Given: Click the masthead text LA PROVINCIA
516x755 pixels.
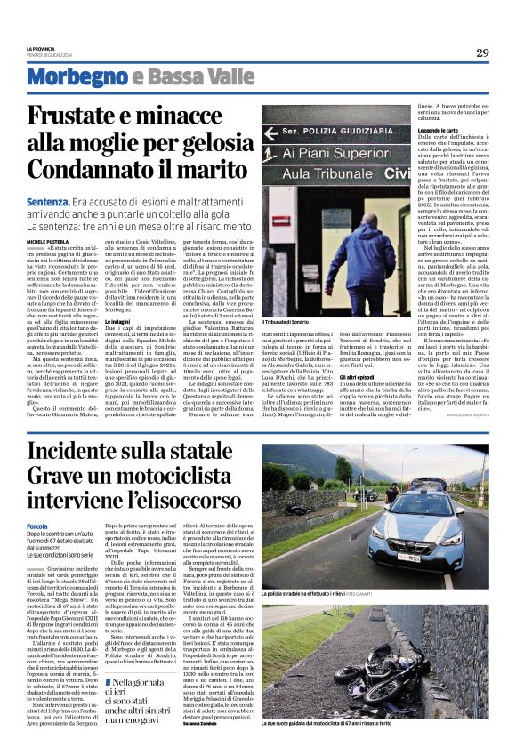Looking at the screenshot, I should [x=41, y=47].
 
